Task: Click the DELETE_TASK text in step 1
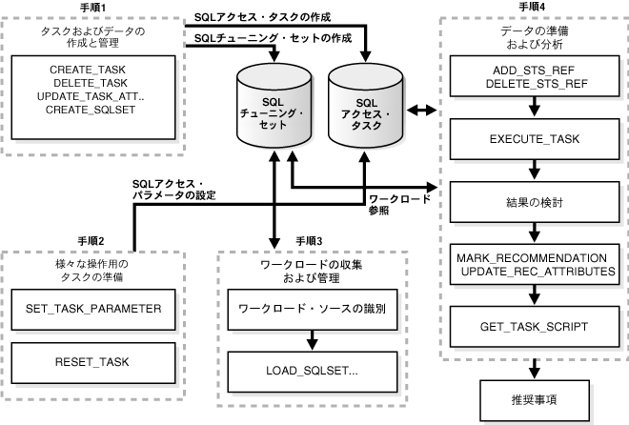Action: (x=93, y=84)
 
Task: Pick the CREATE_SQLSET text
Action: (x=93, y=111)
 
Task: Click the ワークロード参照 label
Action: (x=399, y=205)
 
